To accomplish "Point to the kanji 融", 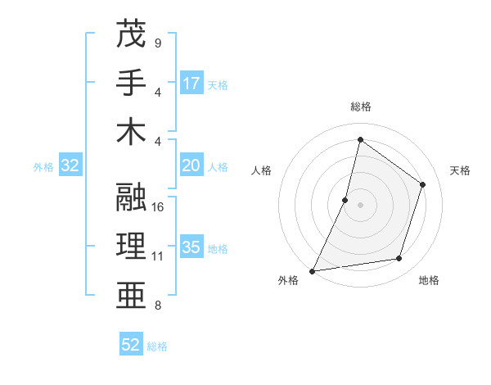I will click(131, 197).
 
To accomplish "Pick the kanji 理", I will click(131, 247).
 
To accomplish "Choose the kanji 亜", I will click(131, 296).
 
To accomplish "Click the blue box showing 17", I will click(191, 83).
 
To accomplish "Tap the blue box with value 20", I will click(191, 165).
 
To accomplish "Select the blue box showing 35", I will click(191, 247).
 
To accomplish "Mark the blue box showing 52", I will click(131, 345).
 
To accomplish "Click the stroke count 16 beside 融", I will click(159, 207).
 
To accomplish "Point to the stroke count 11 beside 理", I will click(159, 256).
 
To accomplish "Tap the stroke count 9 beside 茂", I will click(157, 43).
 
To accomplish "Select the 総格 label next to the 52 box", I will click(157, 346).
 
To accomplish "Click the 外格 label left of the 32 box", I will click(43, 167).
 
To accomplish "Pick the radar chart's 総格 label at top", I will click(360, 106).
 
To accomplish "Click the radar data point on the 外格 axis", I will click(313, 270).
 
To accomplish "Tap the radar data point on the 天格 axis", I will click(423, 184).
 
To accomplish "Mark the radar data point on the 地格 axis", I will click(399, 259).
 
